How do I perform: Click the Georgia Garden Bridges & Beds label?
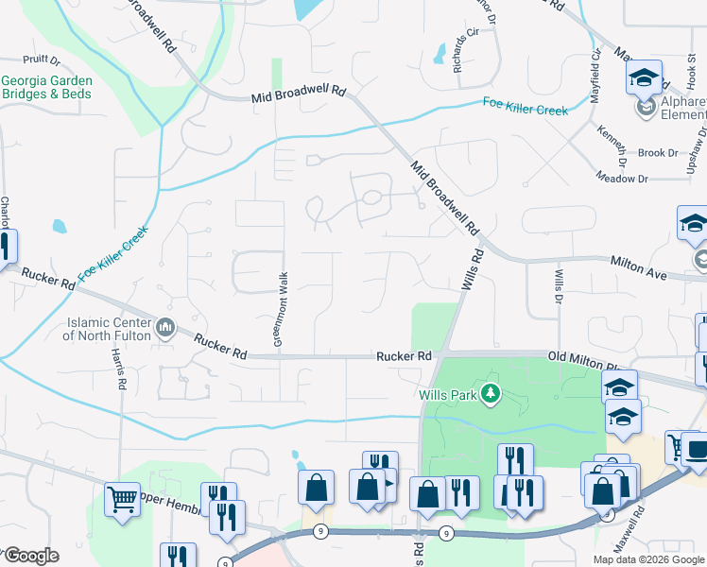45,88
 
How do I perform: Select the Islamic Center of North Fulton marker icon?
166,328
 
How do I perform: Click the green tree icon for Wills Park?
490,392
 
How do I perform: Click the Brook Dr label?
658,152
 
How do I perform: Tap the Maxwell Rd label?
644,528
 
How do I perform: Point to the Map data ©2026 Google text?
648,559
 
